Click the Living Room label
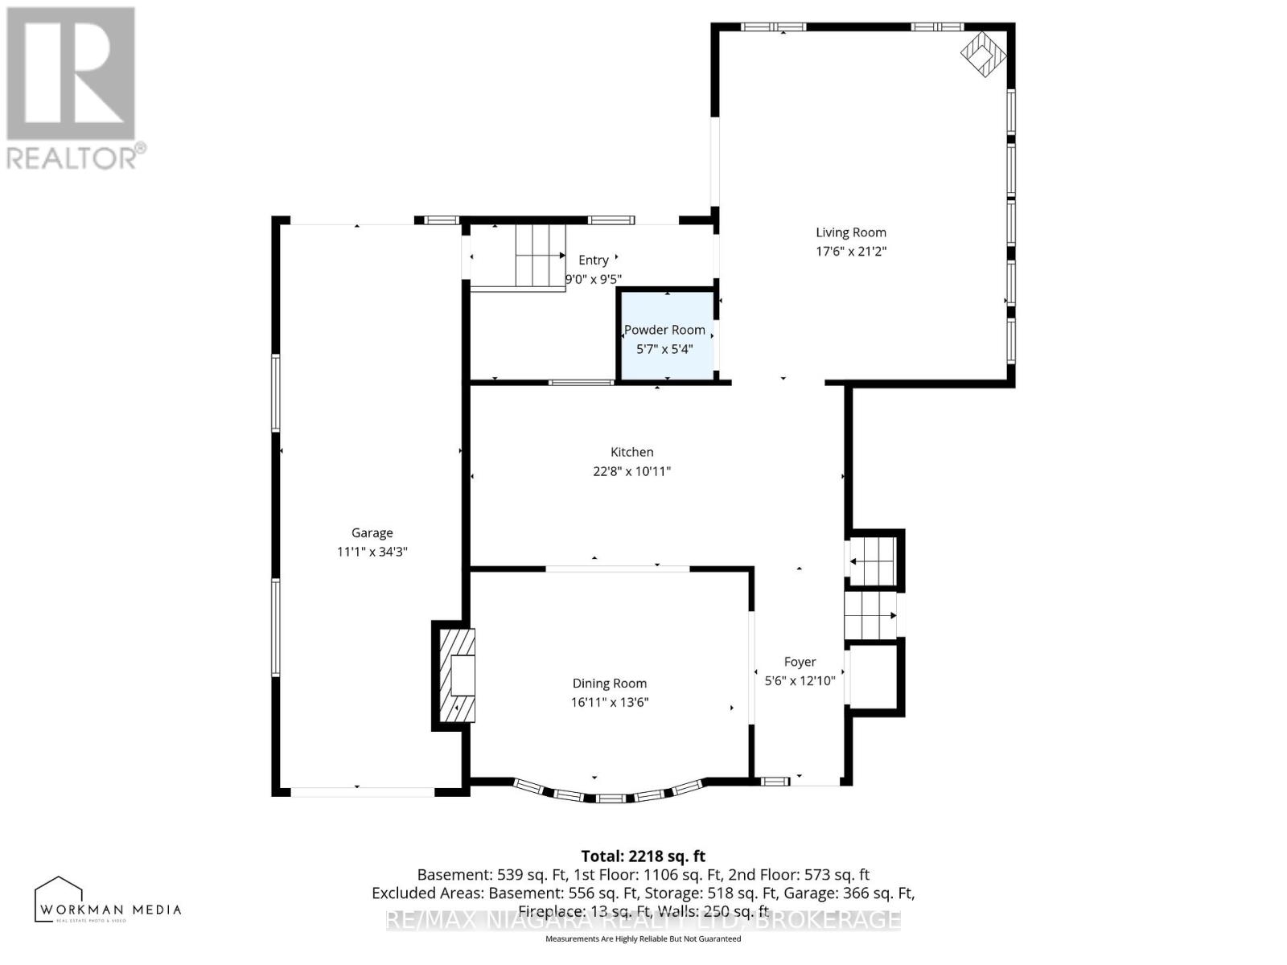851,232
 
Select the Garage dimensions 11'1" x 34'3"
372,552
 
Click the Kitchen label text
631,452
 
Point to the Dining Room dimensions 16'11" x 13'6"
610,702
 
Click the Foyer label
800,662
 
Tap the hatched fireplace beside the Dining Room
456,675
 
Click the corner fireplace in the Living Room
983,54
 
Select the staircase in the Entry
520,257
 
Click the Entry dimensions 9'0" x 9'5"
594,279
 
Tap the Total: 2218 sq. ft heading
643,856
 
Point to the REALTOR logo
72,88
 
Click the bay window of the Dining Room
610,796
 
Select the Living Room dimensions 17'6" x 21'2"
851,251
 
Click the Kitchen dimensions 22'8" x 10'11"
631,471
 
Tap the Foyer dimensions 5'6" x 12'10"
800,680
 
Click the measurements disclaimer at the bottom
643,938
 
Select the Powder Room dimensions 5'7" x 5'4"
664,349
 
